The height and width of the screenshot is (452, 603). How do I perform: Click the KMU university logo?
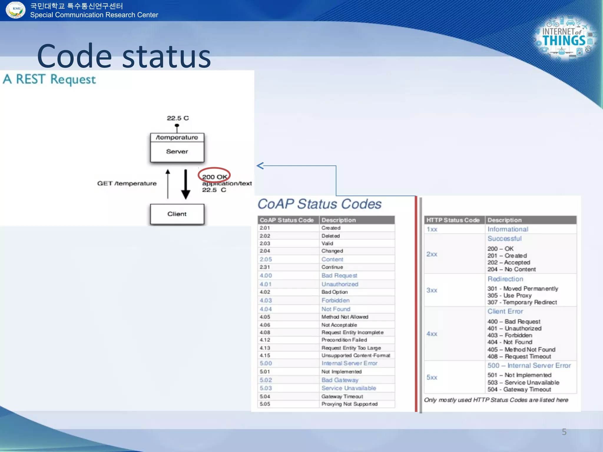tap(15, 10)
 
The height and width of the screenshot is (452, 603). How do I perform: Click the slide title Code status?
tap(124, 56)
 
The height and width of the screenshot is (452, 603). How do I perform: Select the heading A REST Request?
tap(49, 79)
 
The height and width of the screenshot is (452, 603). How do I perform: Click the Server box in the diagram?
tap(177, 152)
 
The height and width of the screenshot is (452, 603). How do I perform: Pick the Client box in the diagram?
tap(177, 214)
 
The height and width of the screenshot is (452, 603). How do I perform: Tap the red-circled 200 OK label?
tap(214, 177)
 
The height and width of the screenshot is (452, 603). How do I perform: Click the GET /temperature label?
tap(127, 183)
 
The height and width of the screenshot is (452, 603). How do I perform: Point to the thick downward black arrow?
tap(185, 184)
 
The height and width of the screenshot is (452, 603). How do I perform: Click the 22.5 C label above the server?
tap(178, 118)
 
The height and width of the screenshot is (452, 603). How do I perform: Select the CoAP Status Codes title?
tap(319, 204)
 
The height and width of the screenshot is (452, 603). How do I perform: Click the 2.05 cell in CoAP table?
tap(266, 259)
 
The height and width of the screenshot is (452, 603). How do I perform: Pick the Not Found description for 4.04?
tap(336, 309)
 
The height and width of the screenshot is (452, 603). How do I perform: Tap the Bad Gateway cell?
tap(340, 380)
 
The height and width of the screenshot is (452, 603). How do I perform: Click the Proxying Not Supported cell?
tap(349, 404)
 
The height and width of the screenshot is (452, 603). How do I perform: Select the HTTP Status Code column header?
tap(453, 220)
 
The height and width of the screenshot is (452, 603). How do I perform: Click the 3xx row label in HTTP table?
tap(432, 290)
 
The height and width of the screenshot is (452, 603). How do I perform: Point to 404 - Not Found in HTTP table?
tap(510, 342)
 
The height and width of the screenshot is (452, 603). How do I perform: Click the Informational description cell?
tap(508, 229)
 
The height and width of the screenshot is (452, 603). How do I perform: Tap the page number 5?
tap(564, 432)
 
